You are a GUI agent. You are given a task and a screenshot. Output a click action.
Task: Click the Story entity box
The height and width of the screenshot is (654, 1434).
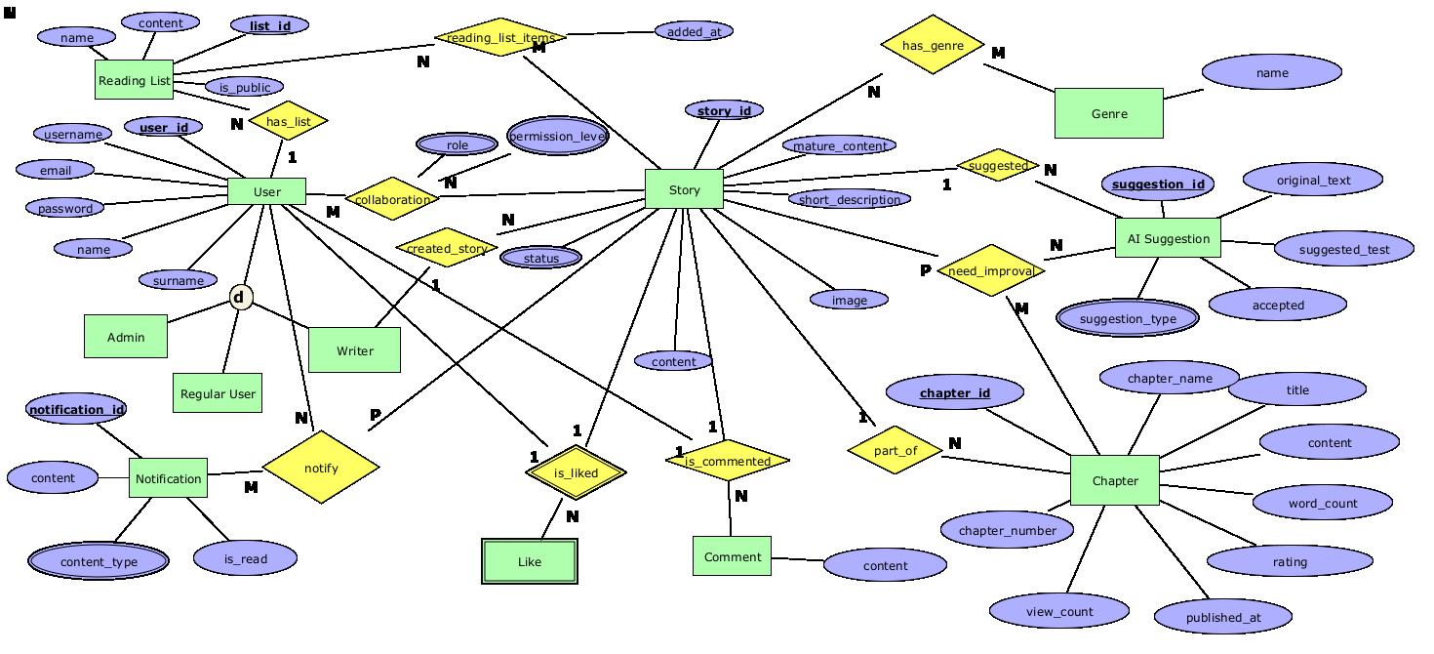[x=684, y=189]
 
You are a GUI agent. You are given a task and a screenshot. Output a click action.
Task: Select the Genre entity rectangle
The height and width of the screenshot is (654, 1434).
[x=1108, y=113]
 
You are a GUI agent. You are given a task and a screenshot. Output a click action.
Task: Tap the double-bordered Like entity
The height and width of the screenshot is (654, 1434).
[x=530, y=561]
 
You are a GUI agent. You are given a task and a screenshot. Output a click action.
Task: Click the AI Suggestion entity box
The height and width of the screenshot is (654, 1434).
[x=1168, y=238]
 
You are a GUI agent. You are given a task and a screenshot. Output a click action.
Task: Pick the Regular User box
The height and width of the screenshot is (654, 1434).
[x=218, y=393]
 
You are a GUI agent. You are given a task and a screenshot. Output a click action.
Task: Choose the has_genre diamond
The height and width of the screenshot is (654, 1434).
[x=933, y=45]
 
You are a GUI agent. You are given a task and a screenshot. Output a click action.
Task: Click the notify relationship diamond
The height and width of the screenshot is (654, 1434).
[x=321, y=468]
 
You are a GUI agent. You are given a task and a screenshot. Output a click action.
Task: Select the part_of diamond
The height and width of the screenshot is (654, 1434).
[x=895, y=450]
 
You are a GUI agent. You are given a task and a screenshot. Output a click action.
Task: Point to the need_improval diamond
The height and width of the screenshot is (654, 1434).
[x=990, y=271]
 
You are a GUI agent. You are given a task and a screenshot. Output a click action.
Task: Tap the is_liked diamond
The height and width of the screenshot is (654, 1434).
[x=576, y=472]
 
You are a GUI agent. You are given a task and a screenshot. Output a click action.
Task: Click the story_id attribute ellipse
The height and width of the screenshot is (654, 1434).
[x=724, y=110]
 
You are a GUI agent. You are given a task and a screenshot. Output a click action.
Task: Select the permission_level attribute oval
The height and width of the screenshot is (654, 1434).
[x=558, y=137]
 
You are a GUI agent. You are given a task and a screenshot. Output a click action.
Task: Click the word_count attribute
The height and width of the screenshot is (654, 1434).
[x=1322, y=503]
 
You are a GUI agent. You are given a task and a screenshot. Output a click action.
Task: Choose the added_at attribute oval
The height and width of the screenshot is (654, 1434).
[x=694, y=31]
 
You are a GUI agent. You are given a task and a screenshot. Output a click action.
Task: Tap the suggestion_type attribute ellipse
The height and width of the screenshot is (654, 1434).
[x=1128, y=318]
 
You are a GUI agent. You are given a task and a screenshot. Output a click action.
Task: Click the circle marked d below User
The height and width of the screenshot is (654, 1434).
[x=240, y=297]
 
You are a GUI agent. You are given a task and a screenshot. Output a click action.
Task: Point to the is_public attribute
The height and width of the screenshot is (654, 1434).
[x=244, y=87]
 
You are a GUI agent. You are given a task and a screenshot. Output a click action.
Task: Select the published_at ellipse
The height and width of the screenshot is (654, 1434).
[x=1223, y=617]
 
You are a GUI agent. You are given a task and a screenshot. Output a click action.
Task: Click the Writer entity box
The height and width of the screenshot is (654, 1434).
[x=354, y=350]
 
